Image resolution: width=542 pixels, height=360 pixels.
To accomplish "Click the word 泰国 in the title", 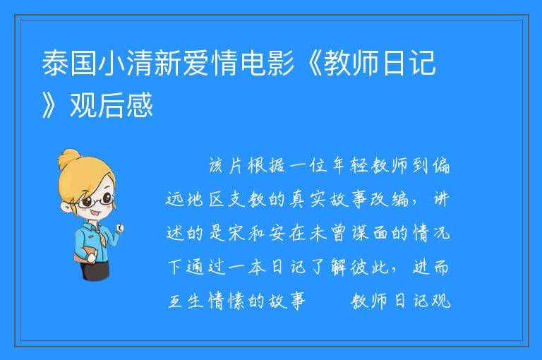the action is (x=69, y=63).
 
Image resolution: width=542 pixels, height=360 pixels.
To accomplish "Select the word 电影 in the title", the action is (x=267, y=63).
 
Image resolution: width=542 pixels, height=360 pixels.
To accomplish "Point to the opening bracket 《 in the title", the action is (x=309, y=63).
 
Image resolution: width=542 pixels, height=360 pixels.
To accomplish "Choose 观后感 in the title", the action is (x=112, y=104).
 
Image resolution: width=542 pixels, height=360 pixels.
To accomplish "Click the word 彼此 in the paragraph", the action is (x=369, y=267).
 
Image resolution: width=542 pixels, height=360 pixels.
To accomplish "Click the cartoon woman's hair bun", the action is (x=68, y=159).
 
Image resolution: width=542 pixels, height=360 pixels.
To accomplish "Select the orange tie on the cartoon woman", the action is (x=102, y=236).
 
